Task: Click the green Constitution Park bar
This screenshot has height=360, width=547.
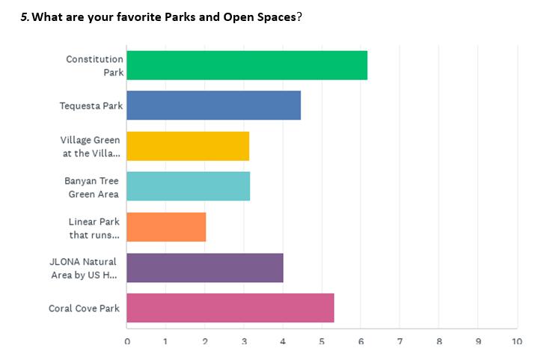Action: [247, 65]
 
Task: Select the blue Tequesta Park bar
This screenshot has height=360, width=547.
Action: [213, 106]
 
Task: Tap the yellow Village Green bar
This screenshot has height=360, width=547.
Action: [188, 146]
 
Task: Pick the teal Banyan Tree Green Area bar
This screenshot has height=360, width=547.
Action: [188, 186]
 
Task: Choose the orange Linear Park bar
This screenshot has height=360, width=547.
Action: [166, 227]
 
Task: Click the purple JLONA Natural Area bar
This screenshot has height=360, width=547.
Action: [205, 267]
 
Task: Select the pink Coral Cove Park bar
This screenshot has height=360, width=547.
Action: [230, 308]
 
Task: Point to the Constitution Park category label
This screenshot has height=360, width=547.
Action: [94, 66]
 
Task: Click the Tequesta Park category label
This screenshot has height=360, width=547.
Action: [91, 106]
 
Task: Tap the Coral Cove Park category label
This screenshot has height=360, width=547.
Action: [84, 308]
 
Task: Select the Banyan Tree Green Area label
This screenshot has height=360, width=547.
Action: [92, 187]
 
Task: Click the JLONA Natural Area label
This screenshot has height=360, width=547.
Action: [83, 268]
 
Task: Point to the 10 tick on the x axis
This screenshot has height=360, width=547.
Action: [517, 341]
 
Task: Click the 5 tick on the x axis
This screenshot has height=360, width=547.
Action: [322, 341]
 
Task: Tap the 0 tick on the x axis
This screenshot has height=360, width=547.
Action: [127, 341]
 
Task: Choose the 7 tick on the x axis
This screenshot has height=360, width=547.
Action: [400, 341]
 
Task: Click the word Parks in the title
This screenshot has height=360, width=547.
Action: [180, 17]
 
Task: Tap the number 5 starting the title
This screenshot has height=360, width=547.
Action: [23, 17]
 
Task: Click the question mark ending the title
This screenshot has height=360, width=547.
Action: [299, 17]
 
